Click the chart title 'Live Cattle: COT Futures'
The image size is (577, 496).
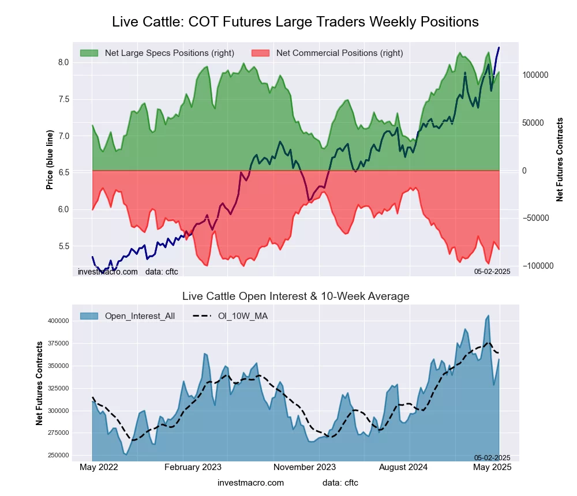click(x=295, y=22)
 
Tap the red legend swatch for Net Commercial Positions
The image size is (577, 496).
click(x=260, y=53)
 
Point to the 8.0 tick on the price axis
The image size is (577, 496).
click(x=62, y=62)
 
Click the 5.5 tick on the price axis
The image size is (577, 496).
click(x=62, y=246)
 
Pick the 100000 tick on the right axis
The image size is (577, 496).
click(x=535, y=76)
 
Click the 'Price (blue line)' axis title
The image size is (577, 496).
click(x=50, y=160)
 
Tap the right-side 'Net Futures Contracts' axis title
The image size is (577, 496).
click(x=560, y=160)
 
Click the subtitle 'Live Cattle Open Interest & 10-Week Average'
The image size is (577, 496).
click(x=295, y=296)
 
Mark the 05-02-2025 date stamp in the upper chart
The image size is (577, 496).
click(x=492, y=272)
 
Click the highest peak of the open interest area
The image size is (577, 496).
click(x=488, y=315)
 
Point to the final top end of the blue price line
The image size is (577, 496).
click(x=499, y=48)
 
